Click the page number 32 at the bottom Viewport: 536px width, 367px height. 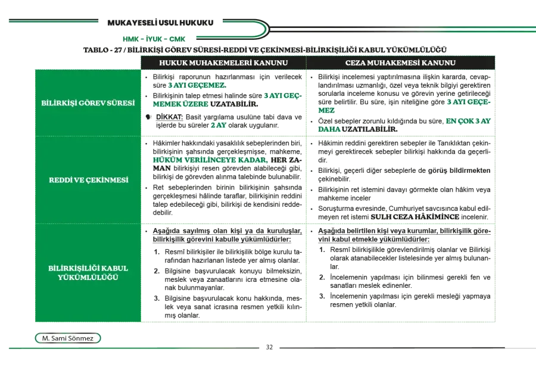(x=269, y=347)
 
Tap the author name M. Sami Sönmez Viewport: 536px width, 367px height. (x=68, y=338)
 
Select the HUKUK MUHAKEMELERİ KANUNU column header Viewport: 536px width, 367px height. (x=223, y=63)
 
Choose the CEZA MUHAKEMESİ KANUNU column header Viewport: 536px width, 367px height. (x=400, y=63)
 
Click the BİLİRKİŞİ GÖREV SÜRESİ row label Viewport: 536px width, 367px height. (x=88, y=103)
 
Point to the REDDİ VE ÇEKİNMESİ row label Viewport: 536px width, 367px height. (x=89, y=180)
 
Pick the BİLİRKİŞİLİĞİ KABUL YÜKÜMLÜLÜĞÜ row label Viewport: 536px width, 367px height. (x=88, y=273)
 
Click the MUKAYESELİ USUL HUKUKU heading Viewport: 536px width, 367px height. (x=160, y=23)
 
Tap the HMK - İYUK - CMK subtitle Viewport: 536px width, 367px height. (x=154, y=39)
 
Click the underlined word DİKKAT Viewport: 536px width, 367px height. (x=169, y=117)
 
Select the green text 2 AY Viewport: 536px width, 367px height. (x=219, y=125)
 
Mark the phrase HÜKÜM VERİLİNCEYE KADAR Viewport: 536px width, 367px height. (x=210, y=160)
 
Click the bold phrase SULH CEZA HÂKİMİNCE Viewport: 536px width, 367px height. (x=415, y=217)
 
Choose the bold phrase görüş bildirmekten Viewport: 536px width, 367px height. (x=459, y=170)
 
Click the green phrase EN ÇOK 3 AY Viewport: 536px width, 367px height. (x=468, y=121)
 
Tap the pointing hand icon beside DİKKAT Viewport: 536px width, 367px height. (x=148, y=117)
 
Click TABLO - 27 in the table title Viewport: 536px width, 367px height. (x=102, y=50)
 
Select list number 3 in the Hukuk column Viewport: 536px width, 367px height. (x=157, y=298)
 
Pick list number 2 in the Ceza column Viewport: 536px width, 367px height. (x=322, y=277)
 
